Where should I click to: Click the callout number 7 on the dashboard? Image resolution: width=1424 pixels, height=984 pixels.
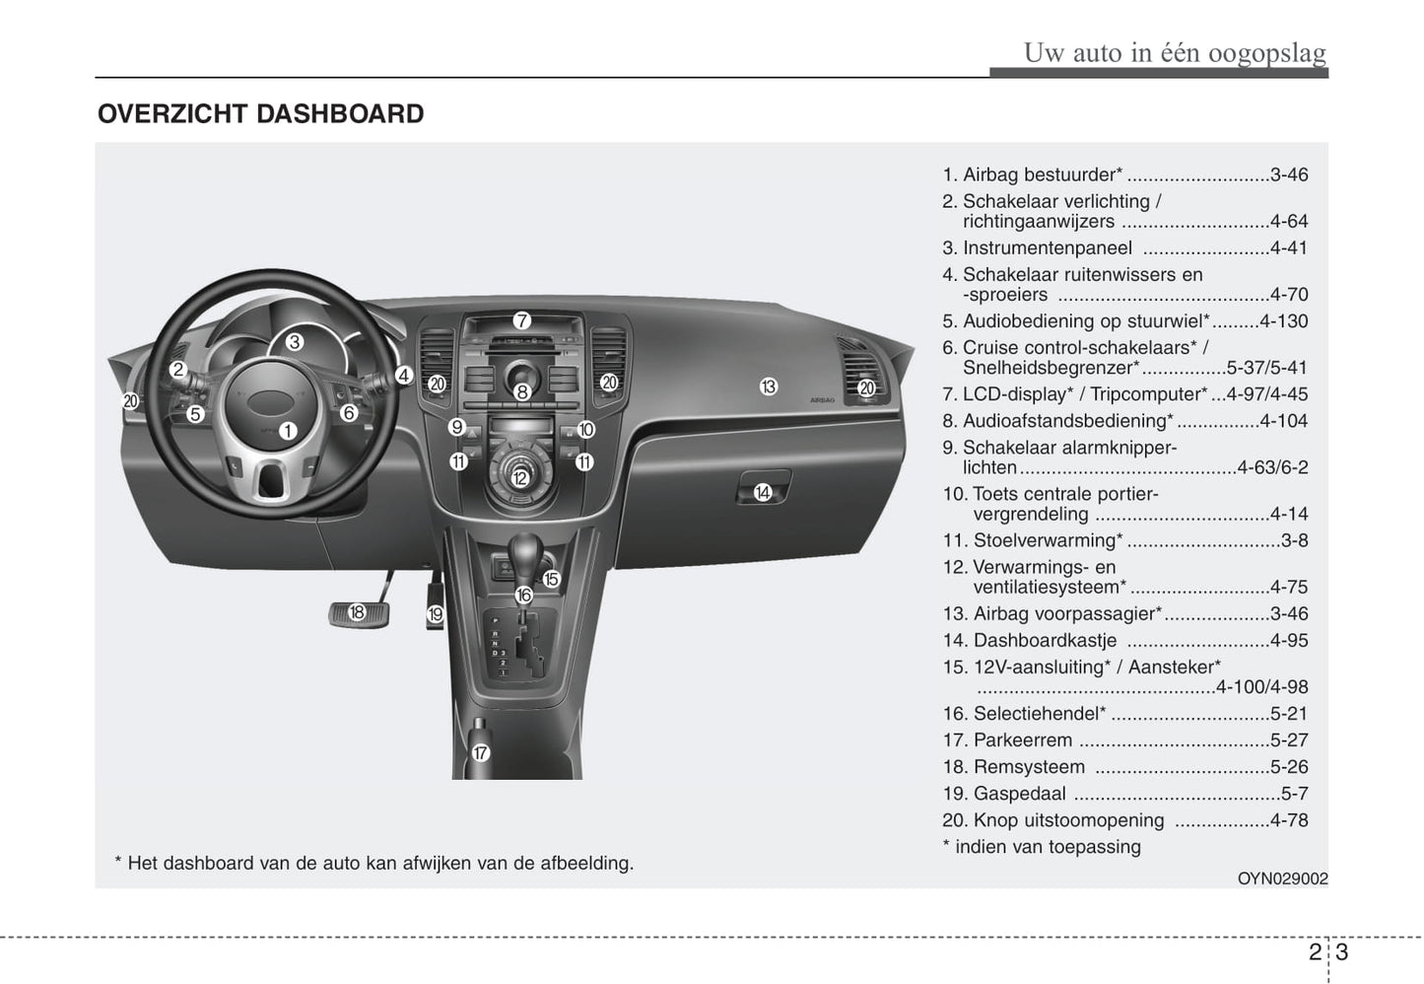pos(521,320)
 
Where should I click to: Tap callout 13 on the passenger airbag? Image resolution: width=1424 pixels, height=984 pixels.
pos(769,387)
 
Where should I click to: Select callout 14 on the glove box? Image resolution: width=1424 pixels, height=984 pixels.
pos(763,492)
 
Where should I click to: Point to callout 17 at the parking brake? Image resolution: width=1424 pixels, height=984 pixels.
pos(480,753)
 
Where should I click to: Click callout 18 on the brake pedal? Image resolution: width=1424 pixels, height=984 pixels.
pos(357,612)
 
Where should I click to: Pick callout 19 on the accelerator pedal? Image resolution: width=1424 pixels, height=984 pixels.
pos(436,615)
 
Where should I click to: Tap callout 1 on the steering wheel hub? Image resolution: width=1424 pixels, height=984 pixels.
pos(288,431)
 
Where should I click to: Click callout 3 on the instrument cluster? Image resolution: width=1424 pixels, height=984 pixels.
pos(295,343)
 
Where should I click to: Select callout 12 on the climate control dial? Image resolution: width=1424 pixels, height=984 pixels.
pos(519,479)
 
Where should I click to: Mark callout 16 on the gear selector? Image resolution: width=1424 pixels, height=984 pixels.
pos(523,595)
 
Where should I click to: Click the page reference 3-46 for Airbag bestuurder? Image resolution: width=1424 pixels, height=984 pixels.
pos(1289,176)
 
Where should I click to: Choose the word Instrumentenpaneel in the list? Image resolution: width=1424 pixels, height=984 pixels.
pos(1047,248)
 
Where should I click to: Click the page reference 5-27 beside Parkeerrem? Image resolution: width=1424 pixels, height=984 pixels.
pos(1289,740)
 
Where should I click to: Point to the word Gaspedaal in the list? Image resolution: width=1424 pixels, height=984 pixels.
pos(1019,794)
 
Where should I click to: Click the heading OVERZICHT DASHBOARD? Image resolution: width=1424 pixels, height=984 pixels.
pos(261,114)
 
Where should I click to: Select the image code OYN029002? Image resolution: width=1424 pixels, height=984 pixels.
pos(1282,879)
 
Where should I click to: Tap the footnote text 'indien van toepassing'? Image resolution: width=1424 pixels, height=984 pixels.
pos(1048,847)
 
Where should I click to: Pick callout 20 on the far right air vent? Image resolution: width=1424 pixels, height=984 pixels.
pos(866,388)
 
